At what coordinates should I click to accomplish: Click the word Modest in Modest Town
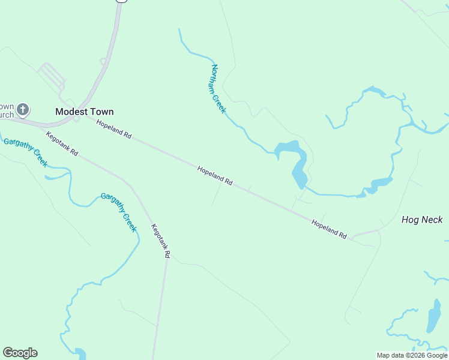(x=70, y=112)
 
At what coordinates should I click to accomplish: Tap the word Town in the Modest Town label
(x=100, y=112)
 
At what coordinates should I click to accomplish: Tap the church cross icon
(x=23, y=110)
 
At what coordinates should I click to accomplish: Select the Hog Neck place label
(x=422, y=220)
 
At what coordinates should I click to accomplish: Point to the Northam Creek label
(x=217, y=89)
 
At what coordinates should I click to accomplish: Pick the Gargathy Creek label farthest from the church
(x=119, y=212)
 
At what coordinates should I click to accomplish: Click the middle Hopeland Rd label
(x=215, y=175)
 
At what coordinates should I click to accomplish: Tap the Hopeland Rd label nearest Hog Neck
(x=329, y=229)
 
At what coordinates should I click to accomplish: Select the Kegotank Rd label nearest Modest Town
(x=62, y=144)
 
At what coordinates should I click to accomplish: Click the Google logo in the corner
(x=20, y=353)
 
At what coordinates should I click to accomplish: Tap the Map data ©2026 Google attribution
(x=412, y=355)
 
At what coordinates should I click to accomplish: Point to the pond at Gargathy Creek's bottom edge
(x=80, y=353)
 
